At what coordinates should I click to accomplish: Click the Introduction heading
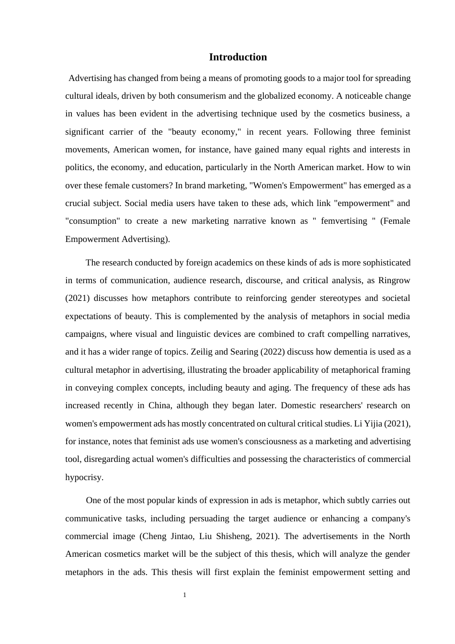pos(238,57)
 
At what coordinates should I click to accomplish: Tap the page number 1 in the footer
pos(185,595)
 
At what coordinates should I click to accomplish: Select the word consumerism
pos(202,96)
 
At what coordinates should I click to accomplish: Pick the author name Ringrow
pos(394,280)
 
